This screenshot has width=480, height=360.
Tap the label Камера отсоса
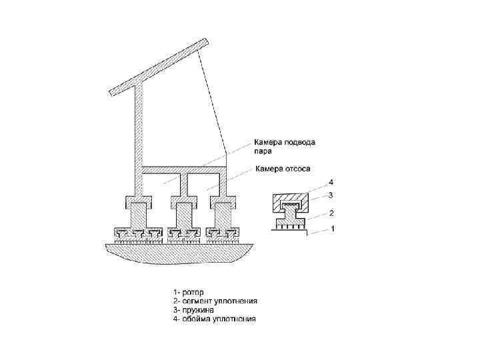pyautogui.click(x=283, y=169)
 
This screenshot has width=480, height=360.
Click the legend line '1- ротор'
pyautogui.click(x=189, y=292)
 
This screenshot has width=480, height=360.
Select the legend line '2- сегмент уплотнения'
pyautogui.click(x=215, y=301)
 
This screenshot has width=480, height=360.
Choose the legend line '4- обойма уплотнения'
pyautogui.click(x=214, y=319)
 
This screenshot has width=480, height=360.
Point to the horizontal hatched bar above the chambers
pyautogui.click(x=183, y=168)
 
